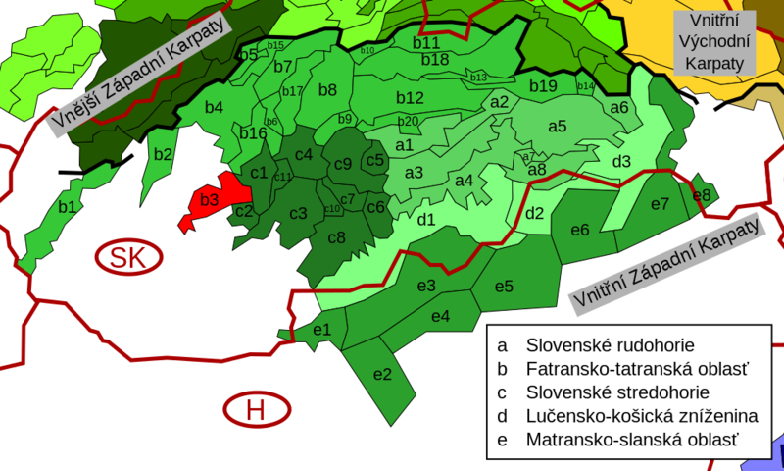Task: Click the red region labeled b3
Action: pyautogui.click(x=209, y=201)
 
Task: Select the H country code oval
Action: pyautogui.click(x=257, y=408)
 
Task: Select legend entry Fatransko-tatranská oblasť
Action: pyautogui.click(x=637, y=369)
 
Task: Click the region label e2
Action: pyautogui.click(x=382, y=373)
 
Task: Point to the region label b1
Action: pyautogui.click(x=67, y=207)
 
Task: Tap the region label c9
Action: pyautogui.click(x=342, y=164)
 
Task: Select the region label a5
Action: pyautogui.click(x=557, y=126)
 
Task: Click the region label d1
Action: pyautogui.click(x=426, y=219)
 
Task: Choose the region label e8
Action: pyautogui.click(x=702, y=195)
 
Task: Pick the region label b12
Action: pyautogui.click(x=410, y=98)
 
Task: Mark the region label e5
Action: pyautogui.click(x=504, y=287)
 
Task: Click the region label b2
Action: pyautogui.click(x=163, y=153)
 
